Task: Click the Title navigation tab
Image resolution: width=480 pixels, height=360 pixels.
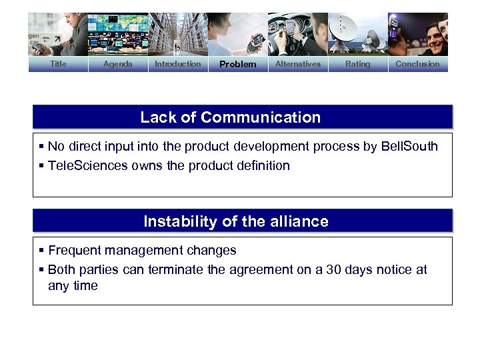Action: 58,64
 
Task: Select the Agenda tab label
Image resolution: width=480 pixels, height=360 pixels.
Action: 118,64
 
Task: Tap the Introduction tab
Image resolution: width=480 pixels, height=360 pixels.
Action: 177,64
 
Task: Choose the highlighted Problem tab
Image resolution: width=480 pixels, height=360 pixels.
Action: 237,65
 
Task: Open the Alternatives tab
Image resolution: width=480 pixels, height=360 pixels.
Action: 297,64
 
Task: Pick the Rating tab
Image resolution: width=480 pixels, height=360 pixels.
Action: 357,64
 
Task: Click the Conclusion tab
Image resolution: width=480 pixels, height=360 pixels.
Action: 417,64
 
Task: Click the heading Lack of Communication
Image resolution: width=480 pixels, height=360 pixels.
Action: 230,117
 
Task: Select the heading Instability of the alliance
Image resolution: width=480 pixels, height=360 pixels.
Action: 236,221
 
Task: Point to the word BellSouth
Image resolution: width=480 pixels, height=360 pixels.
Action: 409,147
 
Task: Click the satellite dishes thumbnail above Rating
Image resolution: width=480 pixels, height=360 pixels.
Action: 357,35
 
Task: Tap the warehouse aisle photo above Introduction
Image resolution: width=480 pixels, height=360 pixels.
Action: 177,35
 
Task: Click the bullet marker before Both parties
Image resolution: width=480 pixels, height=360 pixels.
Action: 42,270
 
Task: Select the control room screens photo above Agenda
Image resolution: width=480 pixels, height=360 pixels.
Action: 118,35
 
